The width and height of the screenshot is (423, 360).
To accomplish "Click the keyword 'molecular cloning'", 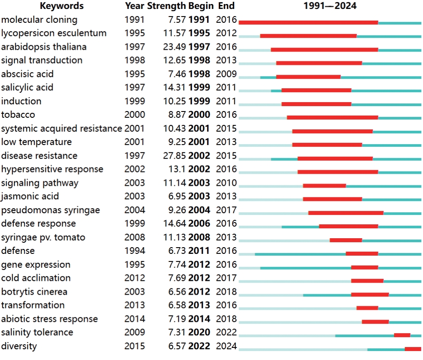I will coord(39,20).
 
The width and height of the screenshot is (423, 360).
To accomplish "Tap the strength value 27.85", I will coord(175,156).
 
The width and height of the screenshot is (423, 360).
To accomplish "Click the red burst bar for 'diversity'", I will coord(413,349).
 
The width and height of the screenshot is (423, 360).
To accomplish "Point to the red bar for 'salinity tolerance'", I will coord(402,335).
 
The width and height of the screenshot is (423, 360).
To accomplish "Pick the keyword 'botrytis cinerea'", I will coord(34,292).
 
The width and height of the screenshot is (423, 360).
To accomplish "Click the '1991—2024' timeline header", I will coord(330,6).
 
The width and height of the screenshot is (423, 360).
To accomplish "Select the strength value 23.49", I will coord(175,47).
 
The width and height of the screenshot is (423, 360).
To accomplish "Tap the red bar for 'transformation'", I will coord(367,308).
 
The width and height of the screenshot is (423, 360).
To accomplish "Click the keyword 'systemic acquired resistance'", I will coord(61,129).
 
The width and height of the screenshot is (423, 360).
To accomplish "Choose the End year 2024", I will coord(226,346).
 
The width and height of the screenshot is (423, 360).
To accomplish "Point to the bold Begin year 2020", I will coord(199,333).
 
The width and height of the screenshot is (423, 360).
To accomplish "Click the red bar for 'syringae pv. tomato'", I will coord(346,240).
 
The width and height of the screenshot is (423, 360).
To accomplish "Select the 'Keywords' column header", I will coord(62,6).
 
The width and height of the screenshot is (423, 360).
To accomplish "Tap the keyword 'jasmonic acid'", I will coord(30,197).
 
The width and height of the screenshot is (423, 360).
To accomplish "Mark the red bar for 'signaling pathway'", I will coord(324,185).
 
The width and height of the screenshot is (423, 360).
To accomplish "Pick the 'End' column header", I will coord(226,6).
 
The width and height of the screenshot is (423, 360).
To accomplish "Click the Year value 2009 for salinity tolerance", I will coord(135,333).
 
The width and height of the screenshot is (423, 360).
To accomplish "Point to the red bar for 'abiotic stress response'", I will coord(375,321).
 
